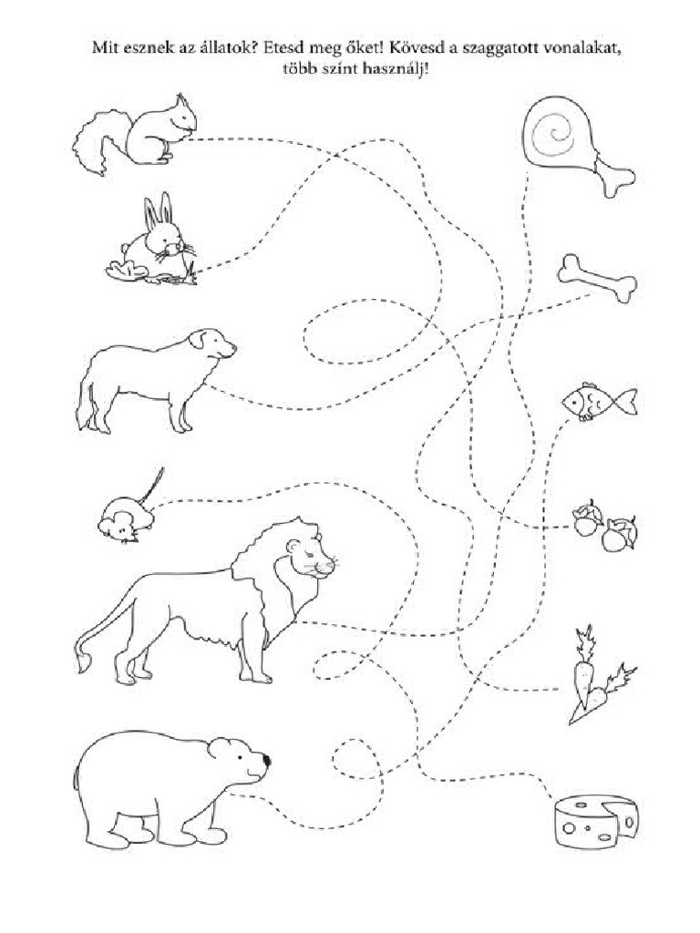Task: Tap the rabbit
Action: (x=155, y=241)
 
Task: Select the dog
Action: (x=155, y=378)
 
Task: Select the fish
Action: (x=597, y=401)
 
